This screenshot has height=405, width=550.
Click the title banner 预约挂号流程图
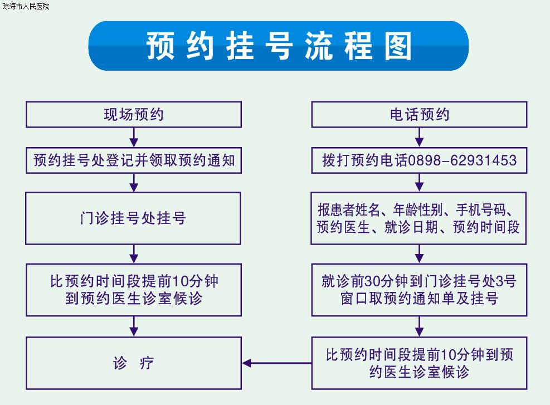tap(278, 46)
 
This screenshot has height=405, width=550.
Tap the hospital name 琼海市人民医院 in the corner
tap(26, 6)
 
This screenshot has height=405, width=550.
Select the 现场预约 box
tap(134, 114)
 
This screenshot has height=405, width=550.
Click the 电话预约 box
tap(419, 114)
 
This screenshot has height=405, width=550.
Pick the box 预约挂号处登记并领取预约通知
tap(134, 160)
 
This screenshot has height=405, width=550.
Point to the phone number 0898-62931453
tap(463, 160)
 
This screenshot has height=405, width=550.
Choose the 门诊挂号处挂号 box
tap(133, 218)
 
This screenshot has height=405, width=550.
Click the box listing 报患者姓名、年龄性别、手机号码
tap(418, 218)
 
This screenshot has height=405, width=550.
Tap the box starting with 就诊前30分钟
tap(419, 290)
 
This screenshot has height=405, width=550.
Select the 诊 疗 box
tap(134, 363)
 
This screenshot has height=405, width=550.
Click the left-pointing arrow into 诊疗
tap(277, 363)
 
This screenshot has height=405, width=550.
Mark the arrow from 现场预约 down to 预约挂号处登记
tap(134, 137)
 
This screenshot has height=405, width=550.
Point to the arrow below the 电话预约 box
tap(419, 137)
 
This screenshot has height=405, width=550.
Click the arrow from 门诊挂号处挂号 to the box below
tap(134, 254)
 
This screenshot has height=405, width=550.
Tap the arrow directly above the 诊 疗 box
tap(134, 326)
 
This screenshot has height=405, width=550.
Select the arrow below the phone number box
tap(419, 182)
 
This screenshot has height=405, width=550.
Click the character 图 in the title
tap(398, 46)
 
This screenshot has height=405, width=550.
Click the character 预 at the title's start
tap(160, 46)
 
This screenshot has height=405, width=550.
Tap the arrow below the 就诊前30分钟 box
tap(419, 326)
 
